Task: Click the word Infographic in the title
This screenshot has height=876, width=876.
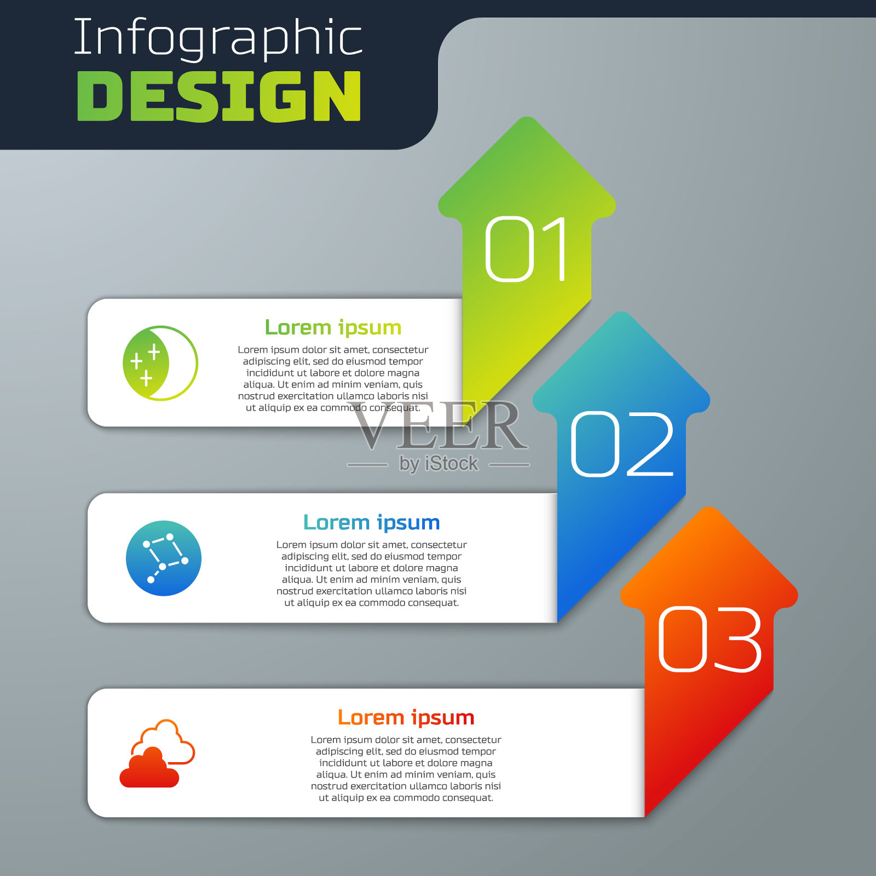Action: (218, 38)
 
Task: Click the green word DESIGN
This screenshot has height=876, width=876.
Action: (219, 96)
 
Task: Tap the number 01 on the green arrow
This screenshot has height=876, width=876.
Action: (526, 249)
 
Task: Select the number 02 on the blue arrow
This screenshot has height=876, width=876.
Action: (622, 444)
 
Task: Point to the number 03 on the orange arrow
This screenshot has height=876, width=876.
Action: (710, 639)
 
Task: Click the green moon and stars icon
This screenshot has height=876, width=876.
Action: (160, 363)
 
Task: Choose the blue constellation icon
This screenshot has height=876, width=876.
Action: (164, 558)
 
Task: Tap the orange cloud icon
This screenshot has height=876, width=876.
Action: (157, 753)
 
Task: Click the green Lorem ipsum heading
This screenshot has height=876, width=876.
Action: (333, 327)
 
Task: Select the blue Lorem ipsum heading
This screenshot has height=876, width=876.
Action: (372, 523)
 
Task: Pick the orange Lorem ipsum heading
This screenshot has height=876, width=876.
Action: (406, 717)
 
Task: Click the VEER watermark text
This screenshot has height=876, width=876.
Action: (440, 425)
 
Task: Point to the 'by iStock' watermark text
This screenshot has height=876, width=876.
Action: (439, 464)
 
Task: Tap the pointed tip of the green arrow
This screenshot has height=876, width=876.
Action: (527, 118)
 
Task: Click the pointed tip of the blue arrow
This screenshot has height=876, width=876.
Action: (621, 313)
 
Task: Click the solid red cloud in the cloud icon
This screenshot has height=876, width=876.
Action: (149, 768)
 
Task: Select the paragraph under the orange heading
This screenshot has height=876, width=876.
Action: (406, 769)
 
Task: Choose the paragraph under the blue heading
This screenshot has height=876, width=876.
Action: (372, 574)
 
